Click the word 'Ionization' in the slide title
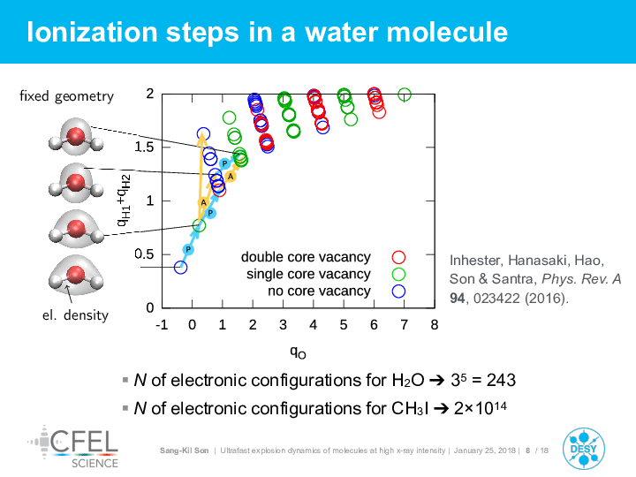click(x=92, y=32)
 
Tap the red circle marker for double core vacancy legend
click(x=398, y=257)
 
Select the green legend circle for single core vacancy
click(x=398, y=274)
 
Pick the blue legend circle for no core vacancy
click(x=398, y=291)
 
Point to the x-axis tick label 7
click(x=404, y=324)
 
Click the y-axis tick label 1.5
click(x=144, y=148)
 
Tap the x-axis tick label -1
click(x=162, y=324)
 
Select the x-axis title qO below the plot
click(x=299, y=352)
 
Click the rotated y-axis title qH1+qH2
click(x=124, y=200)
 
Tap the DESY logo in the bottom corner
click(x=584, y=449)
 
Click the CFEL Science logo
click(x=73, y=447)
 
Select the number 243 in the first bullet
click(x=501, y=381)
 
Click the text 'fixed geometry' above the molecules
click(x=66, y=96)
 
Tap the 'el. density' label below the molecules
click(x=75, y=315)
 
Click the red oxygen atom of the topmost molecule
click(x=76, y=136)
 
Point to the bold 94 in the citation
click(x=458, y=299)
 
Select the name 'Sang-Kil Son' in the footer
click(x=184, y=450)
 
